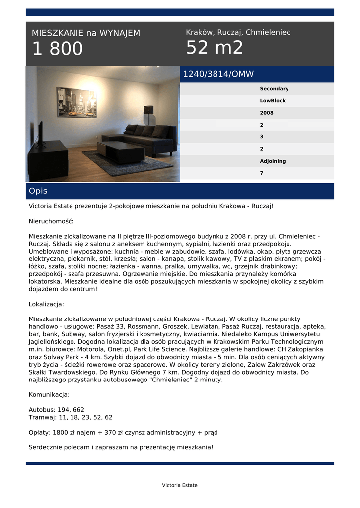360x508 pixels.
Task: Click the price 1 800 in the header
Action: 58,49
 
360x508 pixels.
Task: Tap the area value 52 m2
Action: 215,48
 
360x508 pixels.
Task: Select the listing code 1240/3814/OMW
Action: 218,74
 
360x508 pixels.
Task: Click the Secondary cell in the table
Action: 274,89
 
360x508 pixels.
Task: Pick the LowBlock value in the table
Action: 273,101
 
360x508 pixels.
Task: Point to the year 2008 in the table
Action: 267,113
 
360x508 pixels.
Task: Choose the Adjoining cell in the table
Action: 273,161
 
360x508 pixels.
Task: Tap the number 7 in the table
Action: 262,173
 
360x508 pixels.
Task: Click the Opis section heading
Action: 38,191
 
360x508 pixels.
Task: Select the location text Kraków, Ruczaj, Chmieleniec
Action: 238,32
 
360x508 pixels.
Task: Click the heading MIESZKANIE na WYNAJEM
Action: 86,33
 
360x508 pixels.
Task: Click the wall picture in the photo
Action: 76,102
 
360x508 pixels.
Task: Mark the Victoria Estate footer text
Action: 180,485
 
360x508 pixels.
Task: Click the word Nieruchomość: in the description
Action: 51,221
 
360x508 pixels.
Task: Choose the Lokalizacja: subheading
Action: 46,304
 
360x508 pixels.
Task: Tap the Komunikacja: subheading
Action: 49,395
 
